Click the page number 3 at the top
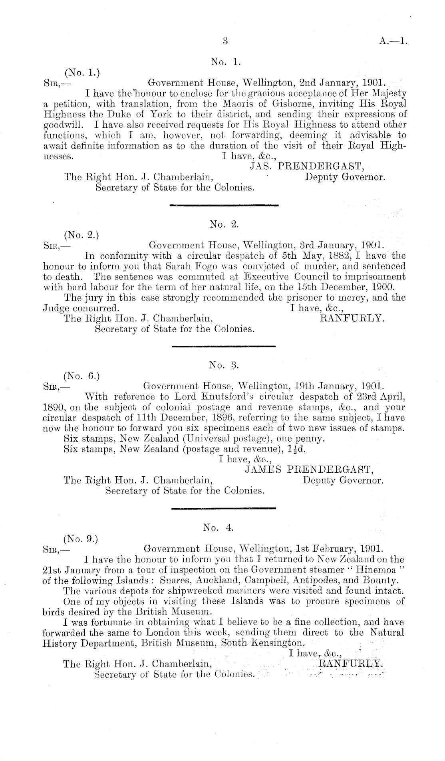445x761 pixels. pyautogui.click(x=225, y=40)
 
